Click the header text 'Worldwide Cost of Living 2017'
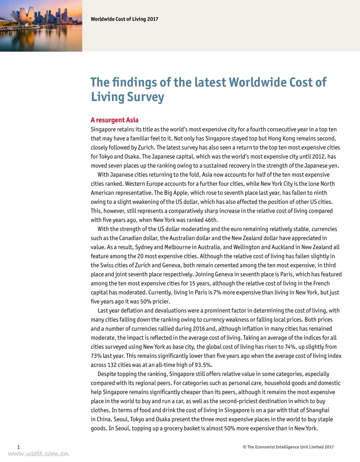(x=124, y=19)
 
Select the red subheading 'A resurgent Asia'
(x=114, y=120)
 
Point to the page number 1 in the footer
(x=17, y=447)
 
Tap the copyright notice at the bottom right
(x=288, y=447)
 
